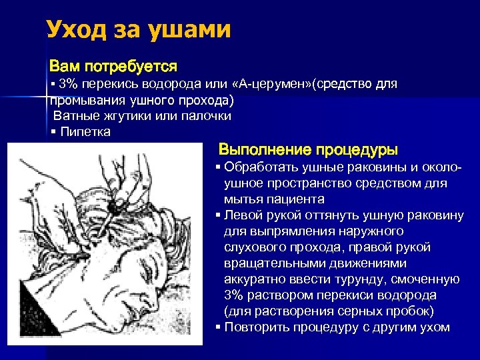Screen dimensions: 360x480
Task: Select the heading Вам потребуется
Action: click(x=113, y=67)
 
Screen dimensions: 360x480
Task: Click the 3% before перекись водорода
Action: click(x=68, y=85)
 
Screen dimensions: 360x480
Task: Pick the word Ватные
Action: click(x=76, y=116)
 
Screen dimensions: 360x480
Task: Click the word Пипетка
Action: click(x=85, y=131)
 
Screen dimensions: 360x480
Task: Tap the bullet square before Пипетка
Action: click(x=53, y=132)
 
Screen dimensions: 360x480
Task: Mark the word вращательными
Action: click(x=269, y=263)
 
